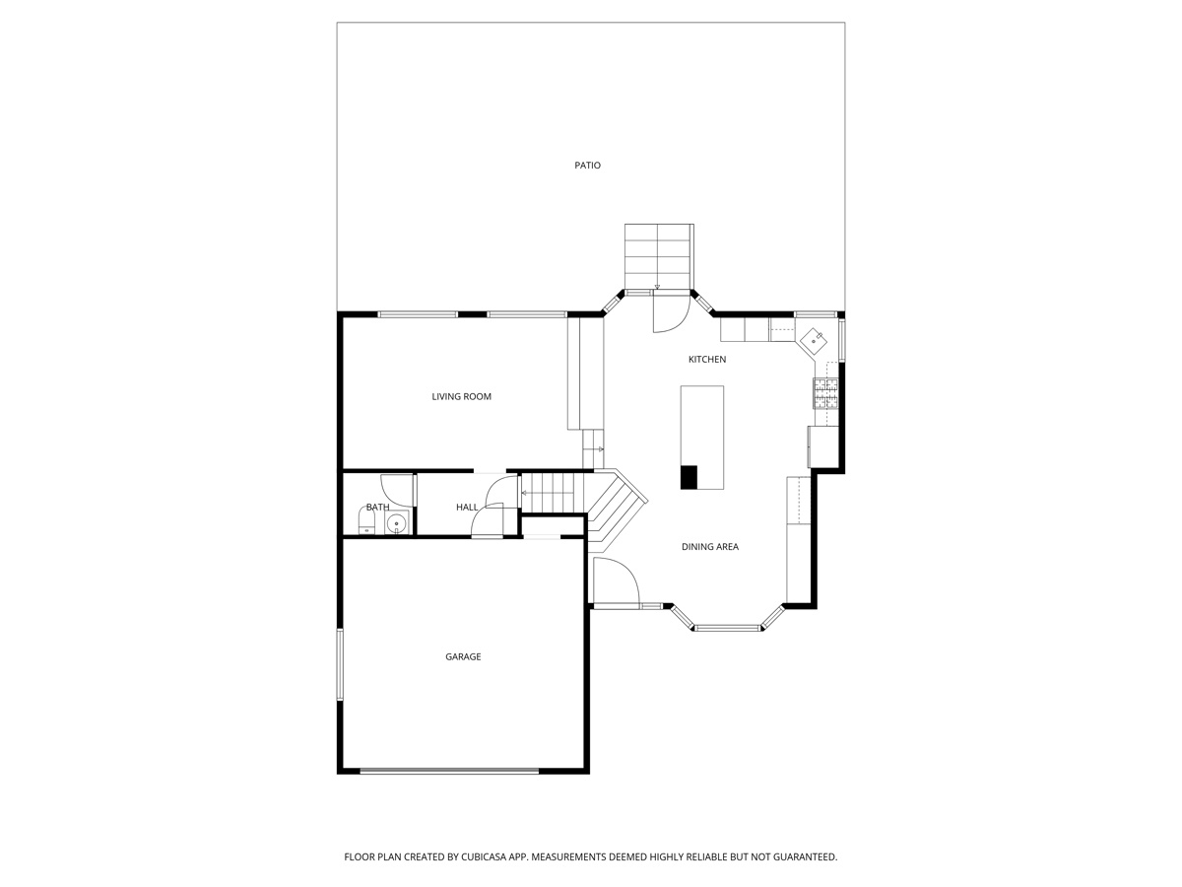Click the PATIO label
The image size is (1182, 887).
click(587, 166)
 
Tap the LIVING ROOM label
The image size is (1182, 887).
click(461, 397)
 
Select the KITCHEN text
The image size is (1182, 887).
click(706, 360)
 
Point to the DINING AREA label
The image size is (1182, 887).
click(709, 547)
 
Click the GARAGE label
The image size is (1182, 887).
click(463, 657)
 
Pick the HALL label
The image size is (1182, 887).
click(467, 508)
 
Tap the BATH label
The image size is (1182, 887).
click(377, 508)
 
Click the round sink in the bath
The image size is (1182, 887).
click(396, 523)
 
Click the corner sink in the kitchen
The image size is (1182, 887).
click(814, 339)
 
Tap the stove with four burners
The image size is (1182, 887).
click(825, 393)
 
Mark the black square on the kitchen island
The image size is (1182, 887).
click(689, 477)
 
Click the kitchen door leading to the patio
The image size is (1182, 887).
click(670, 310)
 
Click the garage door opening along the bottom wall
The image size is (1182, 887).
click(449, 771)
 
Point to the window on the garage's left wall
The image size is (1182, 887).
click(340, 664)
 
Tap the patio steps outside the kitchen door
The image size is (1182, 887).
click(659, 254)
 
